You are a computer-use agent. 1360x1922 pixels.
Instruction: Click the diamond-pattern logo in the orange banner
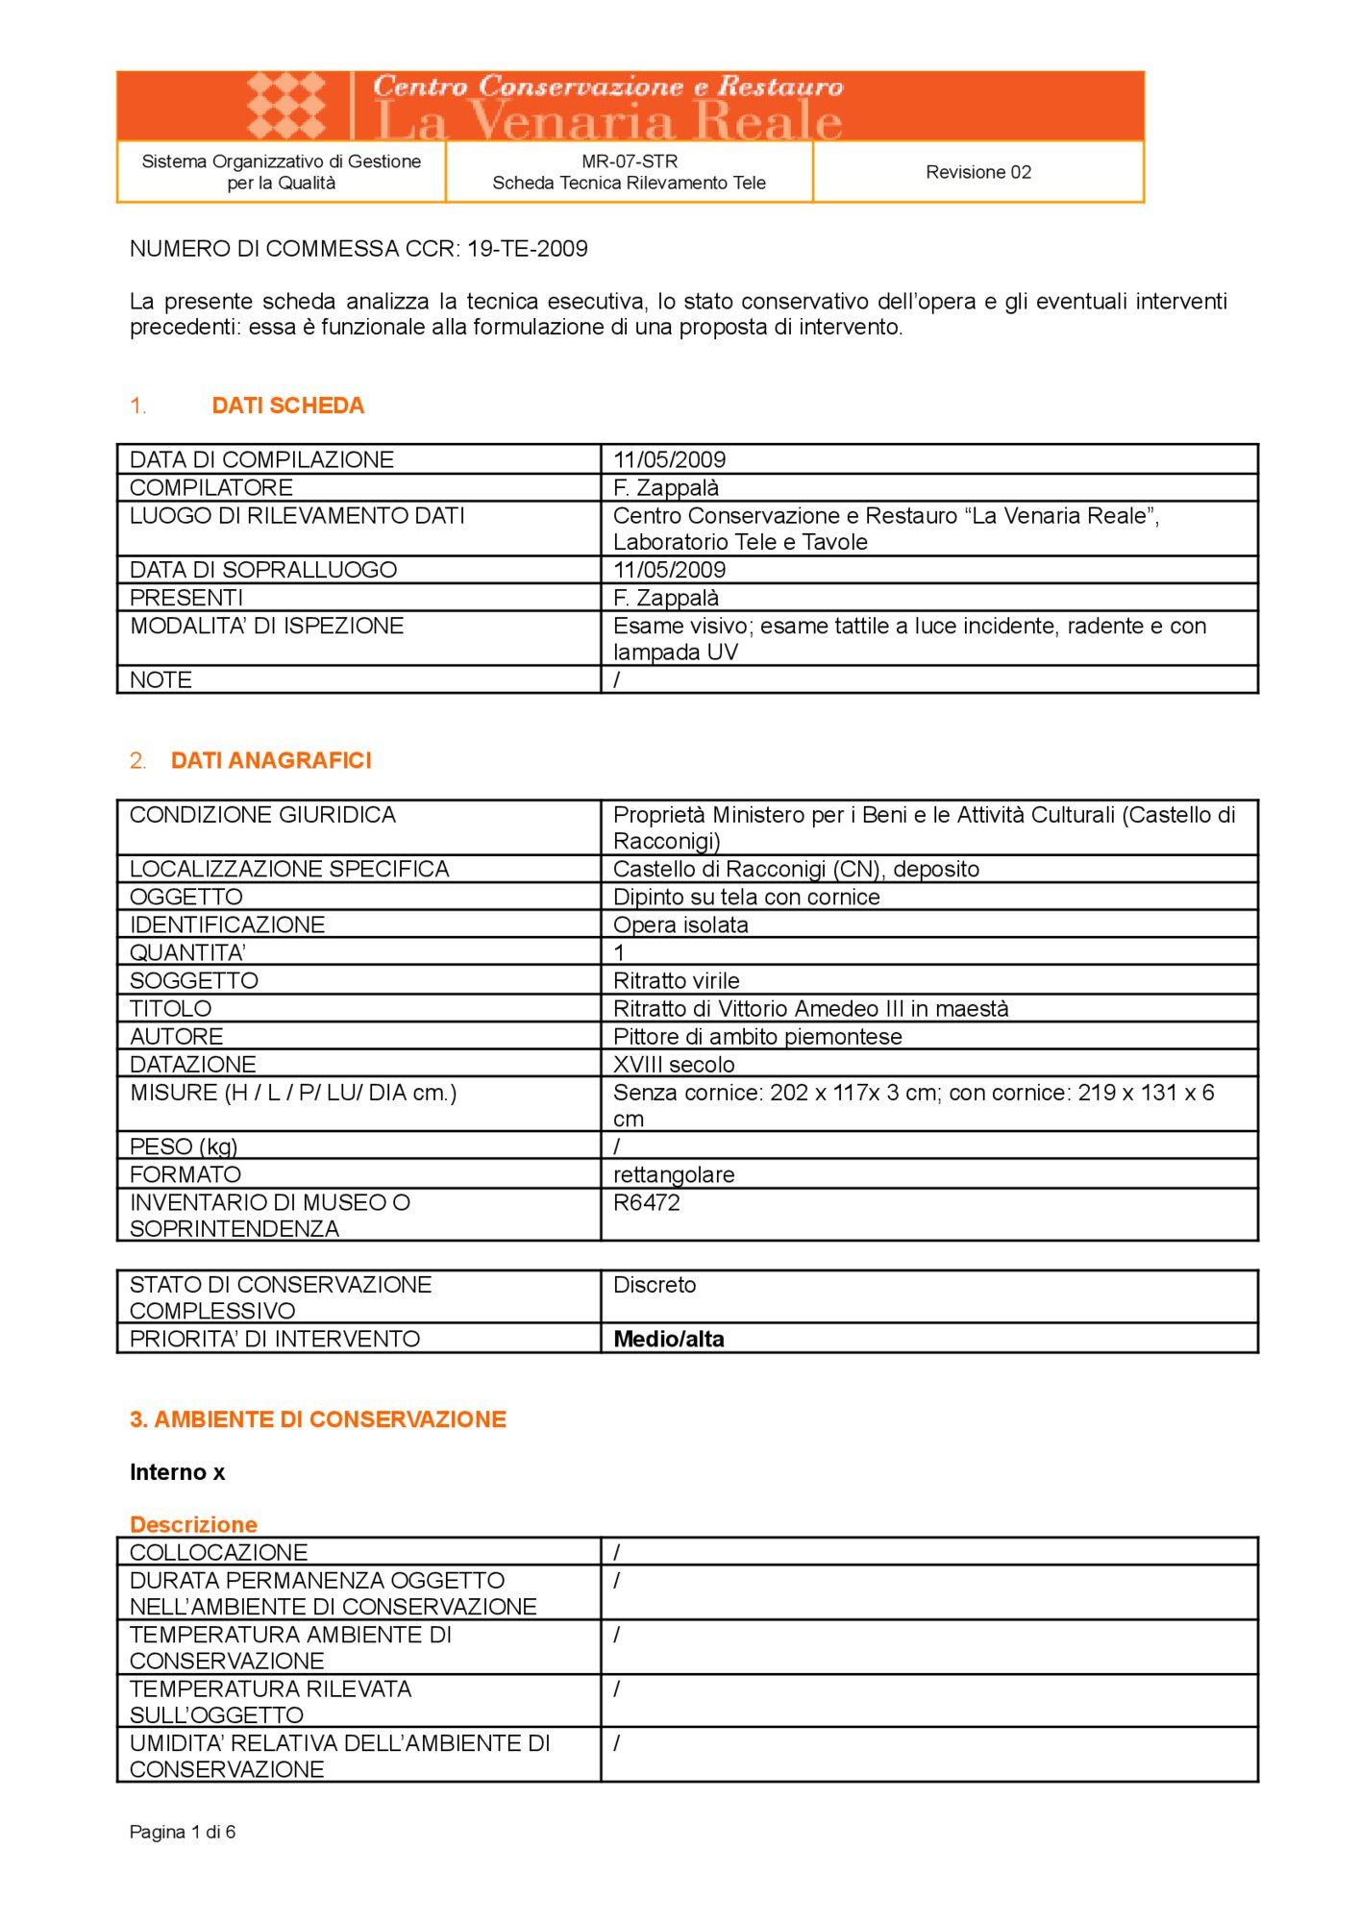(x=286, y=105)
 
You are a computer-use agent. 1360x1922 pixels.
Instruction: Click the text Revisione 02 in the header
(x=977, y=172)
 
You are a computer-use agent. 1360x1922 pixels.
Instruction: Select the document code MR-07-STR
(x=629, y=161)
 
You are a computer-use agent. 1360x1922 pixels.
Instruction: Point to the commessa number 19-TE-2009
(x=527, y=249)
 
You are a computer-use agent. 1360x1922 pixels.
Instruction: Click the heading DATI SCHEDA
(x=287, y=406)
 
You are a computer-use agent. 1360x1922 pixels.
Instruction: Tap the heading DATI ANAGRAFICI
(x=270, y=760)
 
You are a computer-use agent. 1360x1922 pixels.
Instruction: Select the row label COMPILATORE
(x=211, y=487)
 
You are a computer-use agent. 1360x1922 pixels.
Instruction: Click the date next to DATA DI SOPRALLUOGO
(x=669, y=570)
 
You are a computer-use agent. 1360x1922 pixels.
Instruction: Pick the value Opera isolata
(x=680, y=924)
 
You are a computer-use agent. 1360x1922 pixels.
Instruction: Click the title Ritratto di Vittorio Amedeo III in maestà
(x=810, y=1008)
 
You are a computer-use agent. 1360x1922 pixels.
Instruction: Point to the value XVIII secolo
(x=673, y=1064)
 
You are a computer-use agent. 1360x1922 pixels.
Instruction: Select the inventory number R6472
(x=646, y=1202)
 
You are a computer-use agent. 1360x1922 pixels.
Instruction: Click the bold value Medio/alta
(x=668, y=1339)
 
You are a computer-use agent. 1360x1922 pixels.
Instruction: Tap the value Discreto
(x=654, y=1285)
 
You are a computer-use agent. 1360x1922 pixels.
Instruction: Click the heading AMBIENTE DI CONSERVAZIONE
(x=317, y=1419)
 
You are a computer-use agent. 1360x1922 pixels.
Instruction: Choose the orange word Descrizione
(x=193, y=1524)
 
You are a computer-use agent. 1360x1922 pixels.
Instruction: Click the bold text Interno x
(x=177, y=1472)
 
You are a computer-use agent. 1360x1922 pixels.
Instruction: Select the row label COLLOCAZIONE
(x=218, y=1552)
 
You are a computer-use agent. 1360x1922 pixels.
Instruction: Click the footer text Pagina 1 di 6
(x=182, y=1832)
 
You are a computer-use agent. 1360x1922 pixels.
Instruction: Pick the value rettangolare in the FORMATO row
(x=673, y=1174)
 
